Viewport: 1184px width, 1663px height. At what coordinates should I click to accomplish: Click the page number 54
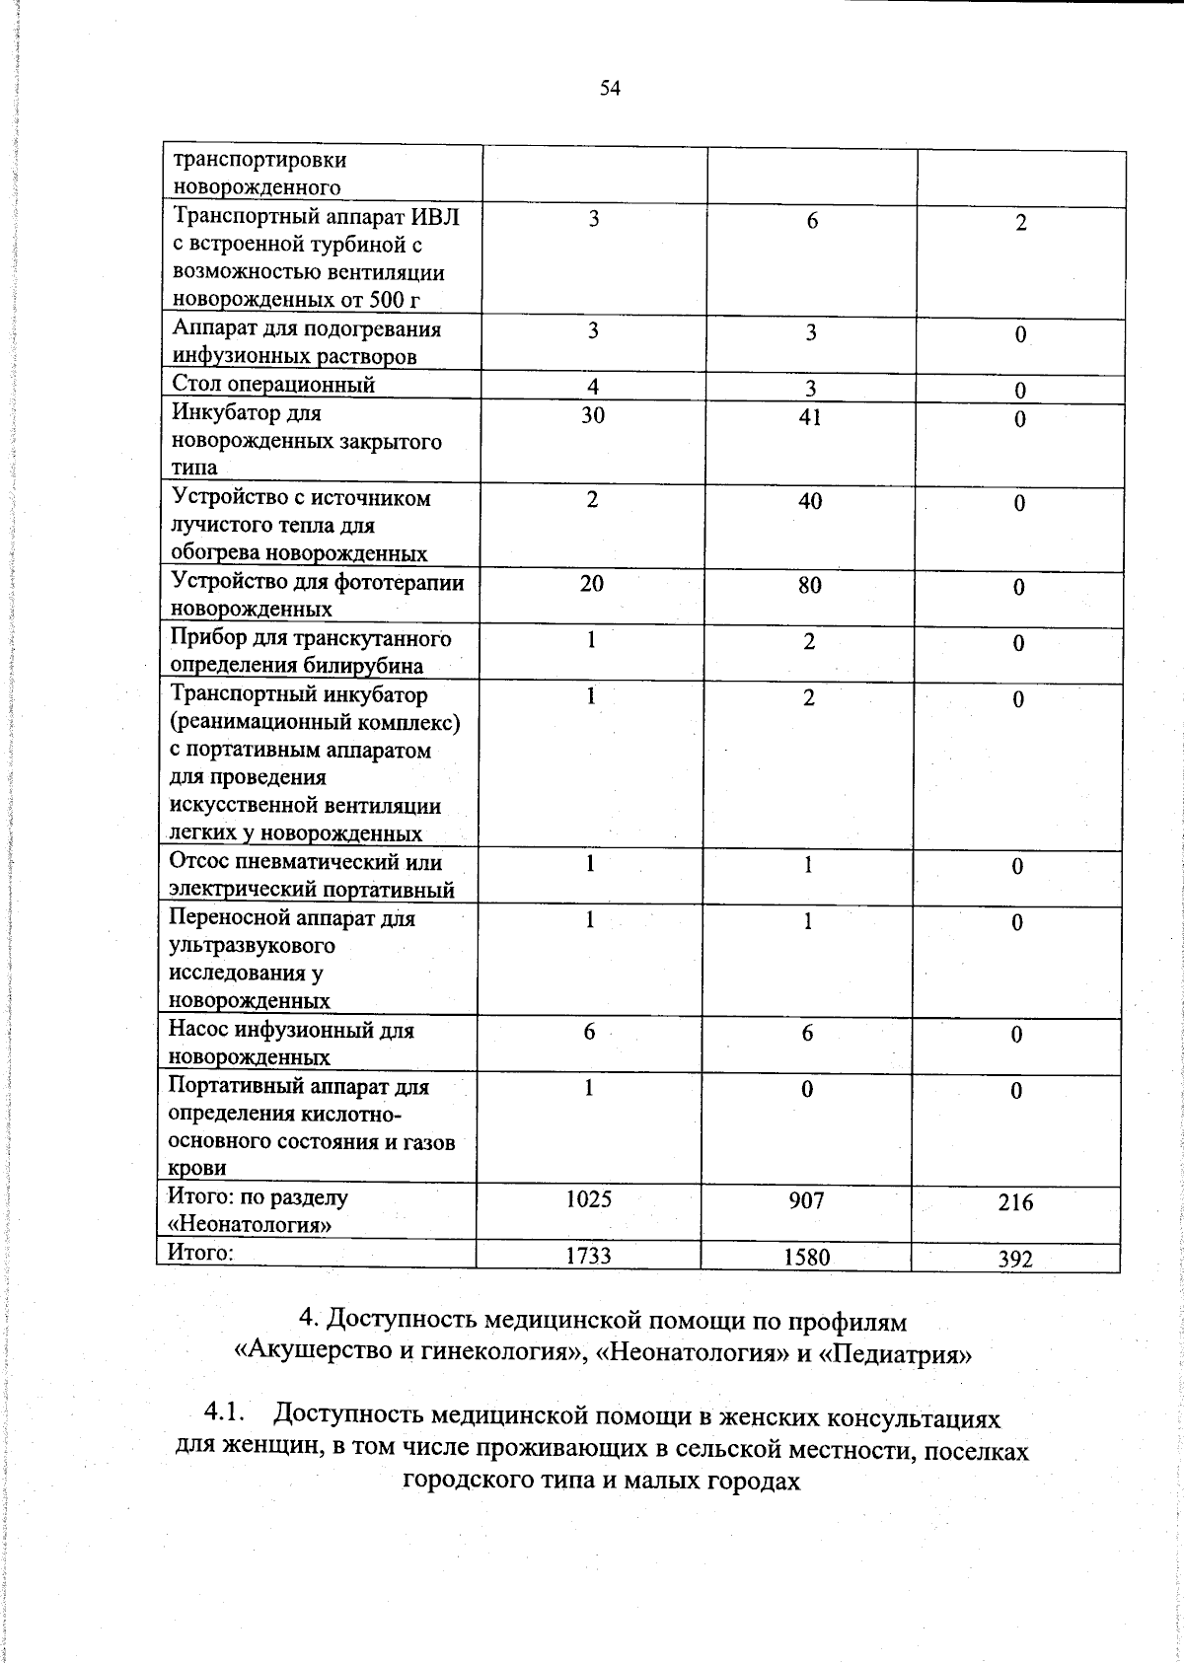(609, 89)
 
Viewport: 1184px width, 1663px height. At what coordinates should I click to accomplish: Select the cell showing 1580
(806, 1257)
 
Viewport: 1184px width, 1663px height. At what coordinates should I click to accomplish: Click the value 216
(1015, 1202)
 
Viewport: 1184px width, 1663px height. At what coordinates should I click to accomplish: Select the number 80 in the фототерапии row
(809, 585)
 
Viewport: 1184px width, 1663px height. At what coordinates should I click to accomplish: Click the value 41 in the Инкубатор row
(809, 417)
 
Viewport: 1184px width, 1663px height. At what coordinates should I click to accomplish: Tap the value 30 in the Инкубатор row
(592, 415)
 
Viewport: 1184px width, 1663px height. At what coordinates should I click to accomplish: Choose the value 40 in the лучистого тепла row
(809, 501)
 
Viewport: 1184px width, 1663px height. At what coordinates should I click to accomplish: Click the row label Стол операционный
(273, 385)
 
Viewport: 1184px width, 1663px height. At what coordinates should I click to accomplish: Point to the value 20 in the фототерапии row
(591, 583)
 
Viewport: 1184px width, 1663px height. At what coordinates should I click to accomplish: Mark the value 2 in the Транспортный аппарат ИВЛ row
(1021, 223)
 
